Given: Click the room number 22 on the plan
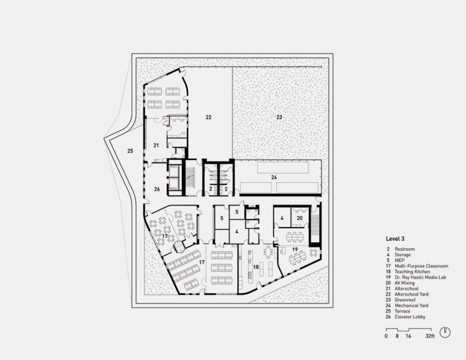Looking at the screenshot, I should pos(209,117).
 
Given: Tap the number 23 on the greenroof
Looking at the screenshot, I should pos(279,117).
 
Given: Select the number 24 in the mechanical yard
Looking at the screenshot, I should pos(274,178).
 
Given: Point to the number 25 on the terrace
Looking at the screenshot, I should pos(130,151).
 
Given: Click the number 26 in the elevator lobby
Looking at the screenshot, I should pos(157,189).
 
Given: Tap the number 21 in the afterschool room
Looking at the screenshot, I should pos(156,145).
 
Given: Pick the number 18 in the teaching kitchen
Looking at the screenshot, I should pos(256,267).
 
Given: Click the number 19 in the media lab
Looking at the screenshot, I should pos(295,249).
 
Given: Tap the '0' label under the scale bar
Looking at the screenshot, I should pos(386,337).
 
